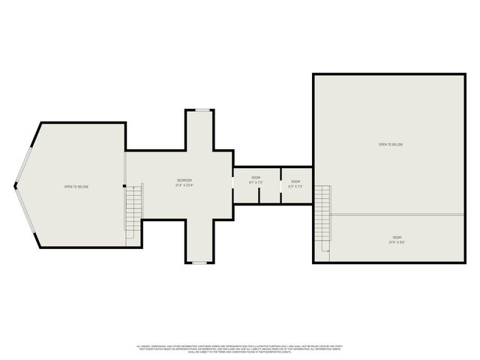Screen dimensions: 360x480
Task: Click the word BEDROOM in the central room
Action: coord(184,180)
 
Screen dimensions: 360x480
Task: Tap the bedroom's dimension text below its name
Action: coord(184,185)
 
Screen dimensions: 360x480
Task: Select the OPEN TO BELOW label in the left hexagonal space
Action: coord(76,186)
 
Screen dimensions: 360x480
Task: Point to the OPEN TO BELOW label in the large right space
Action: coord(391,145)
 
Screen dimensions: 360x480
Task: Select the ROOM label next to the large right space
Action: coord(295,181)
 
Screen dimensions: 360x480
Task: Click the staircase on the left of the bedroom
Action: coord(133,210)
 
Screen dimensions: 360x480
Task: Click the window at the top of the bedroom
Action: coord(202,110)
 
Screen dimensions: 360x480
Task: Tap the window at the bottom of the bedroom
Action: coord(199,263)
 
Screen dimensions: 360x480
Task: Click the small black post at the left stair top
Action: coord(124,186)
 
